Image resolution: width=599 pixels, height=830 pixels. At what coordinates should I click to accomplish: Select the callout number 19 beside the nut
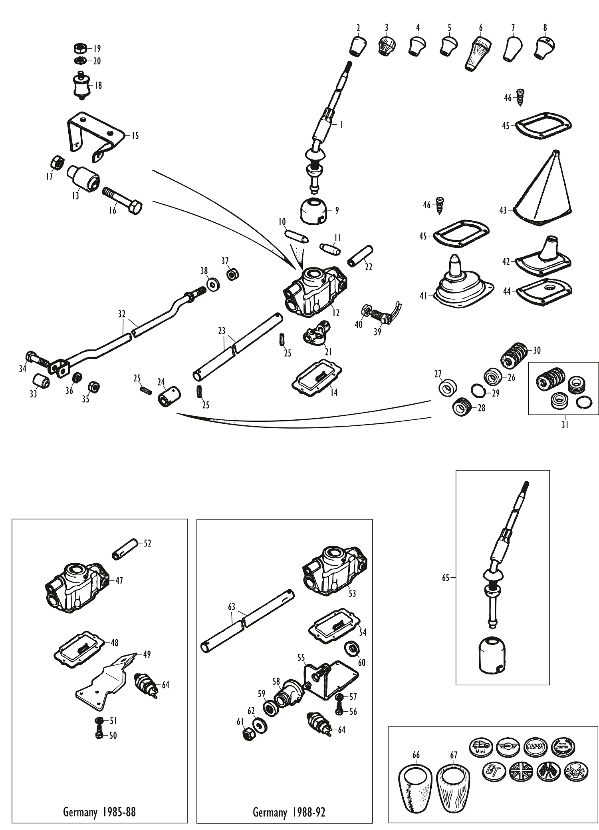[x=97, y=49]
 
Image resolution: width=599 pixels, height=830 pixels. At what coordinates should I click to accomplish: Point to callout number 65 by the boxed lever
[x=446, y=577]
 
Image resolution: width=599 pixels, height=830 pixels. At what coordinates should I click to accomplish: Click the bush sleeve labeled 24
[x=169, y=395]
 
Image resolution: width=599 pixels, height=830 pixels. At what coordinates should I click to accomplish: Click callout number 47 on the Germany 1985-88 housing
[x=119, y=581]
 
